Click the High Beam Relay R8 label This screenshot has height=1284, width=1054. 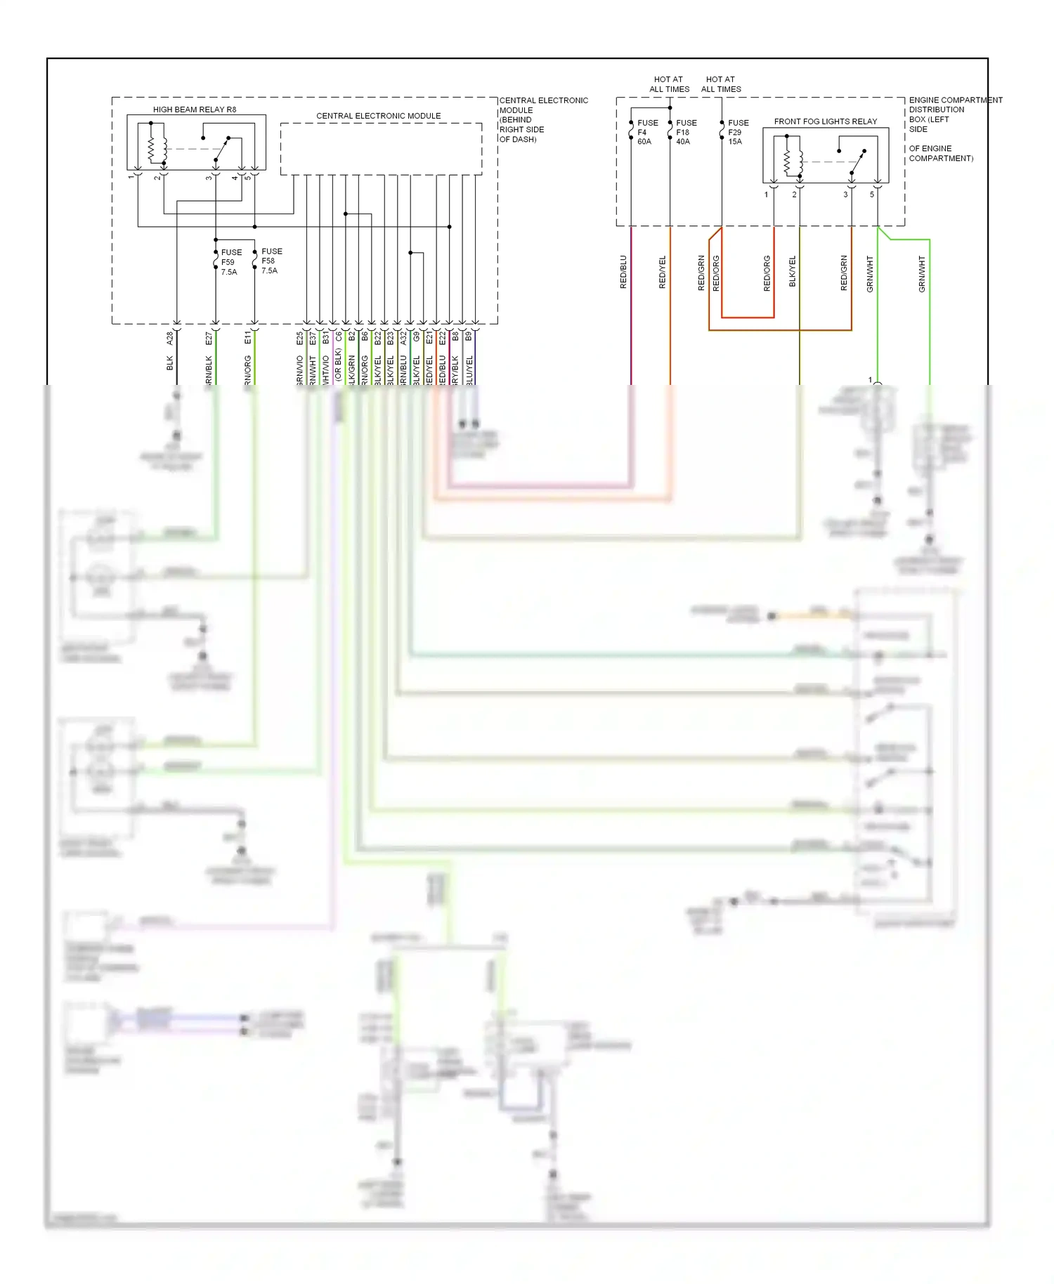[195, 110]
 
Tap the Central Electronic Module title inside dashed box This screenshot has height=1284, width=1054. [378, 116]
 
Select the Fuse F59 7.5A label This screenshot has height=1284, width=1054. [230, 262]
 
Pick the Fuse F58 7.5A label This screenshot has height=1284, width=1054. [271, 261]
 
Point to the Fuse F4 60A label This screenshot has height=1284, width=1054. [646, 132]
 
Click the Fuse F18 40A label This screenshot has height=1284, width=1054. [685, 132]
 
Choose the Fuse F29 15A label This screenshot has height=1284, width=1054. [737, 132]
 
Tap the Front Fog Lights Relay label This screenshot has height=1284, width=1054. [825, 122]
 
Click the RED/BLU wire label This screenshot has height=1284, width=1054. [623, 272]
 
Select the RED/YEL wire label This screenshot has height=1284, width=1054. [662, 272]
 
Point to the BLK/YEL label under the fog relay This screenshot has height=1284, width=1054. [793, 271]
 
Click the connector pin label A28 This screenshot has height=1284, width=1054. [169, 338]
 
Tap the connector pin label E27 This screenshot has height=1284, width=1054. [209, 338]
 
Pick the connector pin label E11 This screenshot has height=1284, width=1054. [247, 338]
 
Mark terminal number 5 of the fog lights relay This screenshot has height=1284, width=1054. [872, 195]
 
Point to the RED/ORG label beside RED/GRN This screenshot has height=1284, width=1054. [716, 273]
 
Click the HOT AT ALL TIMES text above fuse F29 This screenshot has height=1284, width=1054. [721, 84]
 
